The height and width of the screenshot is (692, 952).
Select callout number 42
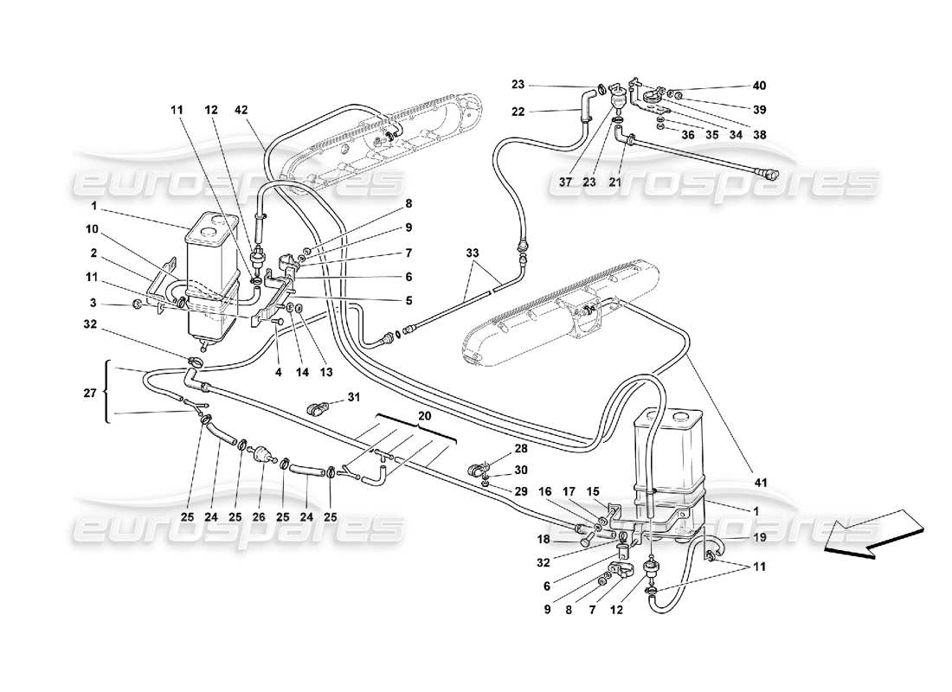pyautogui.click(x=241, y=110)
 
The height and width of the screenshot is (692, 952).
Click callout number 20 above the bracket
pyautogui.click(x=422, y=414)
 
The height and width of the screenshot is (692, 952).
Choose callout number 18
pyautogui.click(x=542, y=539)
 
